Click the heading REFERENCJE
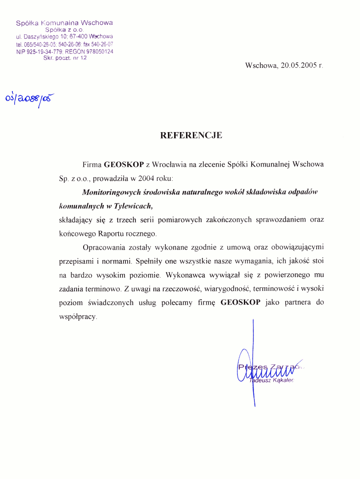point(191,135)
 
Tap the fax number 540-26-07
point(102,44)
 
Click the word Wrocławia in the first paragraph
point(170,164)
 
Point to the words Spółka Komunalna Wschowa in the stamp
point(64,22)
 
